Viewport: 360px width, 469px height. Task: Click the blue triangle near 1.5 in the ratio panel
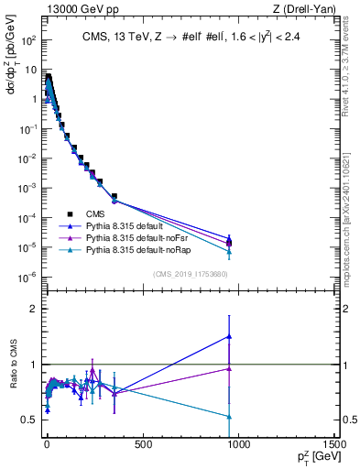pos(229,336)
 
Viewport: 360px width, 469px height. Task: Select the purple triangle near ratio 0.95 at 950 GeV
pos(229,368)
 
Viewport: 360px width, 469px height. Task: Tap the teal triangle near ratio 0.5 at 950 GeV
pos(229,416)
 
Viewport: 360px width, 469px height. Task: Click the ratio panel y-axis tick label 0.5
pos(28,420)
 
